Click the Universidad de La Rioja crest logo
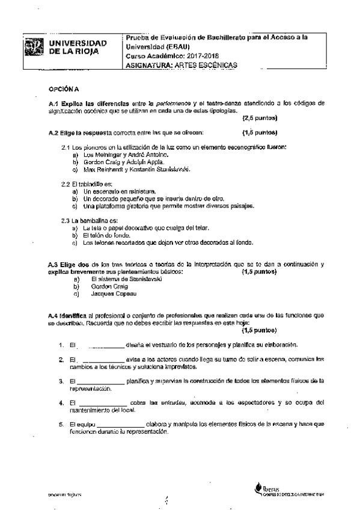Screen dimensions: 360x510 [x=37, y=48]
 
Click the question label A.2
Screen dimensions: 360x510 [x=54, y=131]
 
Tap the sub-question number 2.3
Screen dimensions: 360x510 [x=67, y=221]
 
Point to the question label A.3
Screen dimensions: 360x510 [x=53, y=265]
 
